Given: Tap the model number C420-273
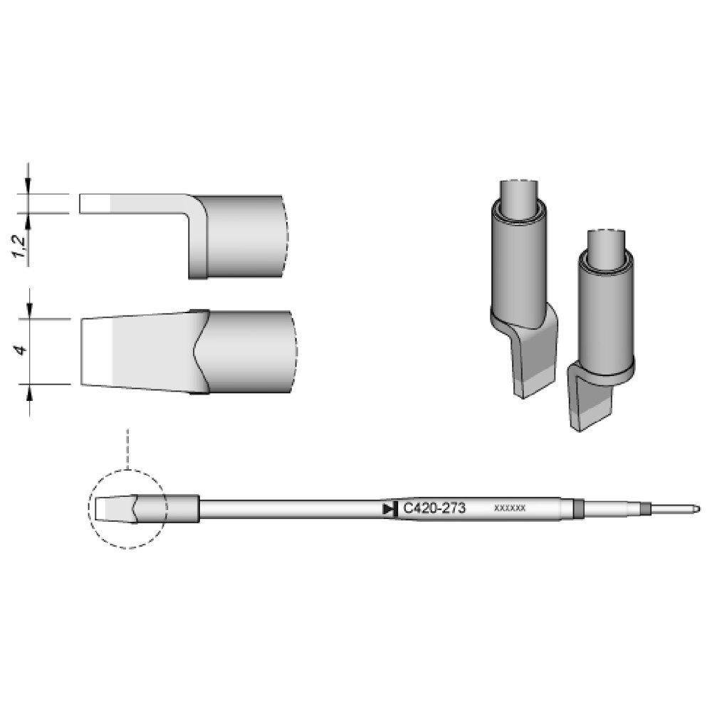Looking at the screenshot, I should coord(434,509).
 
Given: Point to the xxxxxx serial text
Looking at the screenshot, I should coord(509,509).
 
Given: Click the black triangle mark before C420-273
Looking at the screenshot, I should coord(388,509).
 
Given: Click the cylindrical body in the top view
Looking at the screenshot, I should coord(249,352).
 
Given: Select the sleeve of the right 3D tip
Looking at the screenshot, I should coord(605,313).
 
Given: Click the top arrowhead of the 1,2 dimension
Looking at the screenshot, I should coord(28,187).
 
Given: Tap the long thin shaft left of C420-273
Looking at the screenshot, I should coord(285,509).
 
